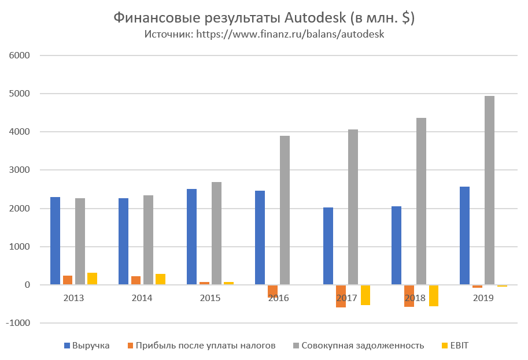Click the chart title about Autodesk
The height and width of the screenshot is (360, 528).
(264, 18)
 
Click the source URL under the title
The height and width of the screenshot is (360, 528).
(264, 34)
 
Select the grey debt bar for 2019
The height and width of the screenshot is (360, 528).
(489, 190)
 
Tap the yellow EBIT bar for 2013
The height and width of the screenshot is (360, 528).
(92, 279)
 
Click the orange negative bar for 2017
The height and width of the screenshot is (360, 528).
(341, 296)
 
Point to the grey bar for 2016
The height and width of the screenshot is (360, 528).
(285, 210)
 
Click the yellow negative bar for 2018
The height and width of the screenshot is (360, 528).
(433, 295)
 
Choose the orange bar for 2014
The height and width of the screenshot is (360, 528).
(135, 280)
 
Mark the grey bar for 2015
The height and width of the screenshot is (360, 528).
(216, 233)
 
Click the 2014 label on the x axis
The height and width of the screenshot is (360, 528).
(142, 298)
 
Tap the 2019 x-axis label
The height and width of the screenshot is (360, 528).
(483, 298)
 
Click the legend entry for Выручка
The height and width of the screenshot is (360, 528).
(87, 346)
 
